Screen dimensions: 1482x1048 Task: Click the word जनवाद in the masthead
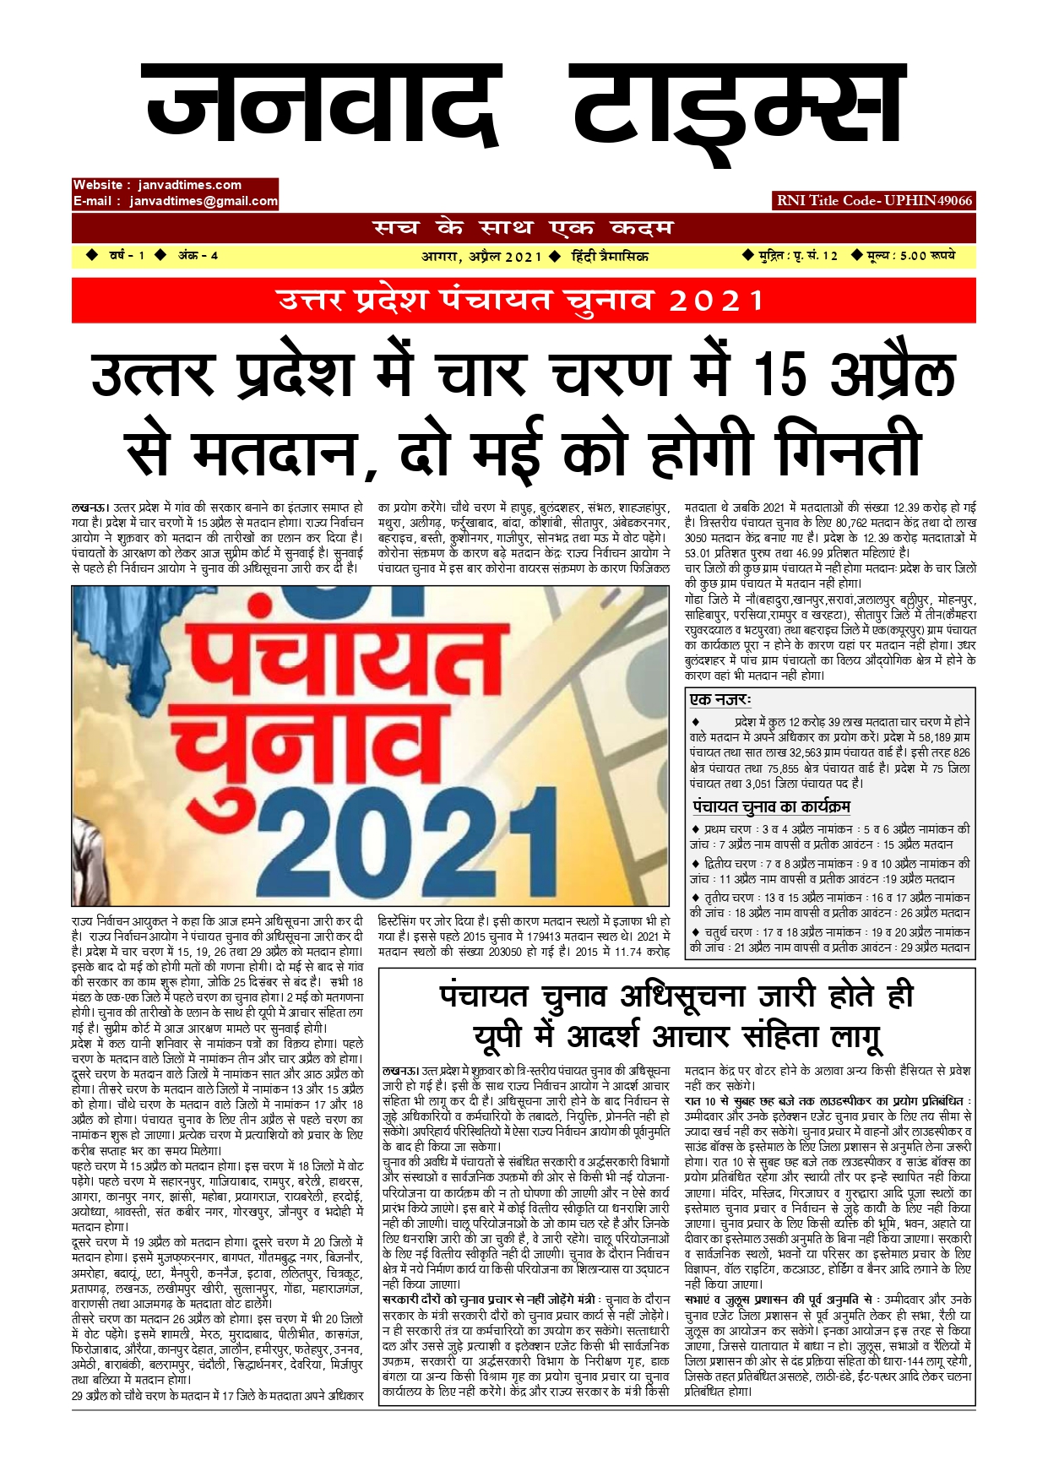coord(321,106)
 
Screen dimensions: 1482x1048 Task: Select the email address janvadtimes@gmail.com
coord(204,201)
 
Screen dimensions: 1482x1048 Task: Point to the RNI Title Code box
coord(875,200)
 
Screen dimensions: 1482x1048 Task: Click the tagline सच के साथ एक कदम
coord(524,228)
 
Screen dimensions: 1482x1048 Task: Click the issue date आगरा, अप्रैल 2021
coord(481,256)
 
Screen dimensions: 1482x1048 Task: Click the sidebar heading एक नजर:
coord(720,699)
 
